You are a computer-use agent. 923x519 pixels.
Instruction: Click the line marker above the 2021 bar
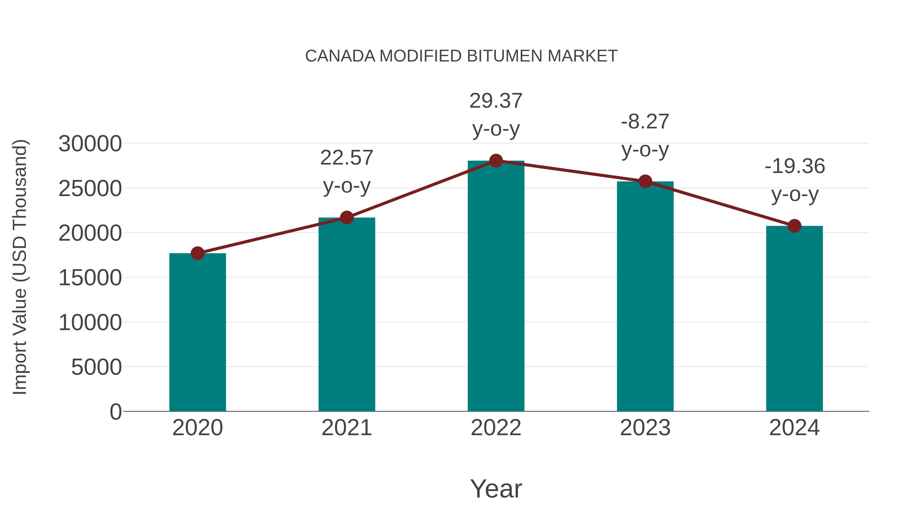click(x=346, y=217)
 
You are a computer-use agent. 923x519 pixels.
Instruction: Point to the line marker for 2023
click(x=645, y=182)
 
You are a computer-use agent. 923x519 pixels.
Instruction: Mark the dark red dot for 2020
click(x=197, y=253)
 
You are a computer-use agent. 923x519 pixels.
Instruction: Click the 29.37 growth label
click(x=496, y=101)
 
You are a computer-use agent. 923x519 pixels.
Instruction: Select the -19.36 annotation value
click(x=794, y=166)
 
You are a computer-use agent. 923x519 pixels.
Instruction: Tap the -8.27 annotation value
click(x=645, y=121)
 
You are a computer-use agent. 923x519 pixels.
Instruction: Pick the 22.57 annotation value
click(x=346, y=158)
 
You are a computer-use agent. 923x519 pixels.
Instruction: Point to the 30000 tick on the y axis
click(x=90, y=144)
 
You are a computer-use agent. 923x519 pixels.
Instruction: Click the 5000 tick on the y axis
click(x=96, y=367)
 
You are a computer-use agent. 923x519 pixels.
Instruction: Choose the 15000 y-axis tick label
click(x=90, y=278)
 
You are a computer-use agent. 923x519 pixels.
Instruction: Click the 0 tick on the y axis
click(x=116, y=412)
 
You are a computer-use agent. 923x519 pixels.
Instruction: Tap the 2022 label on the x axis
click(x=496, y=428)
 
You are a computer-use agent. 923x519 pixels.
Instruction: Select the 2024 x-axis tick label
click(x=794, y=428)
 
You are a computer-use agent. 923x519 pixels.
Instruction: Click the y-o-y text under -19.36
click(x=794, y=195)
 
